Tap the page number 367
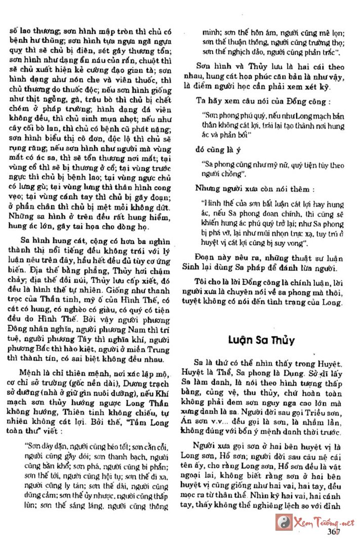[x=333, y=531]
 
